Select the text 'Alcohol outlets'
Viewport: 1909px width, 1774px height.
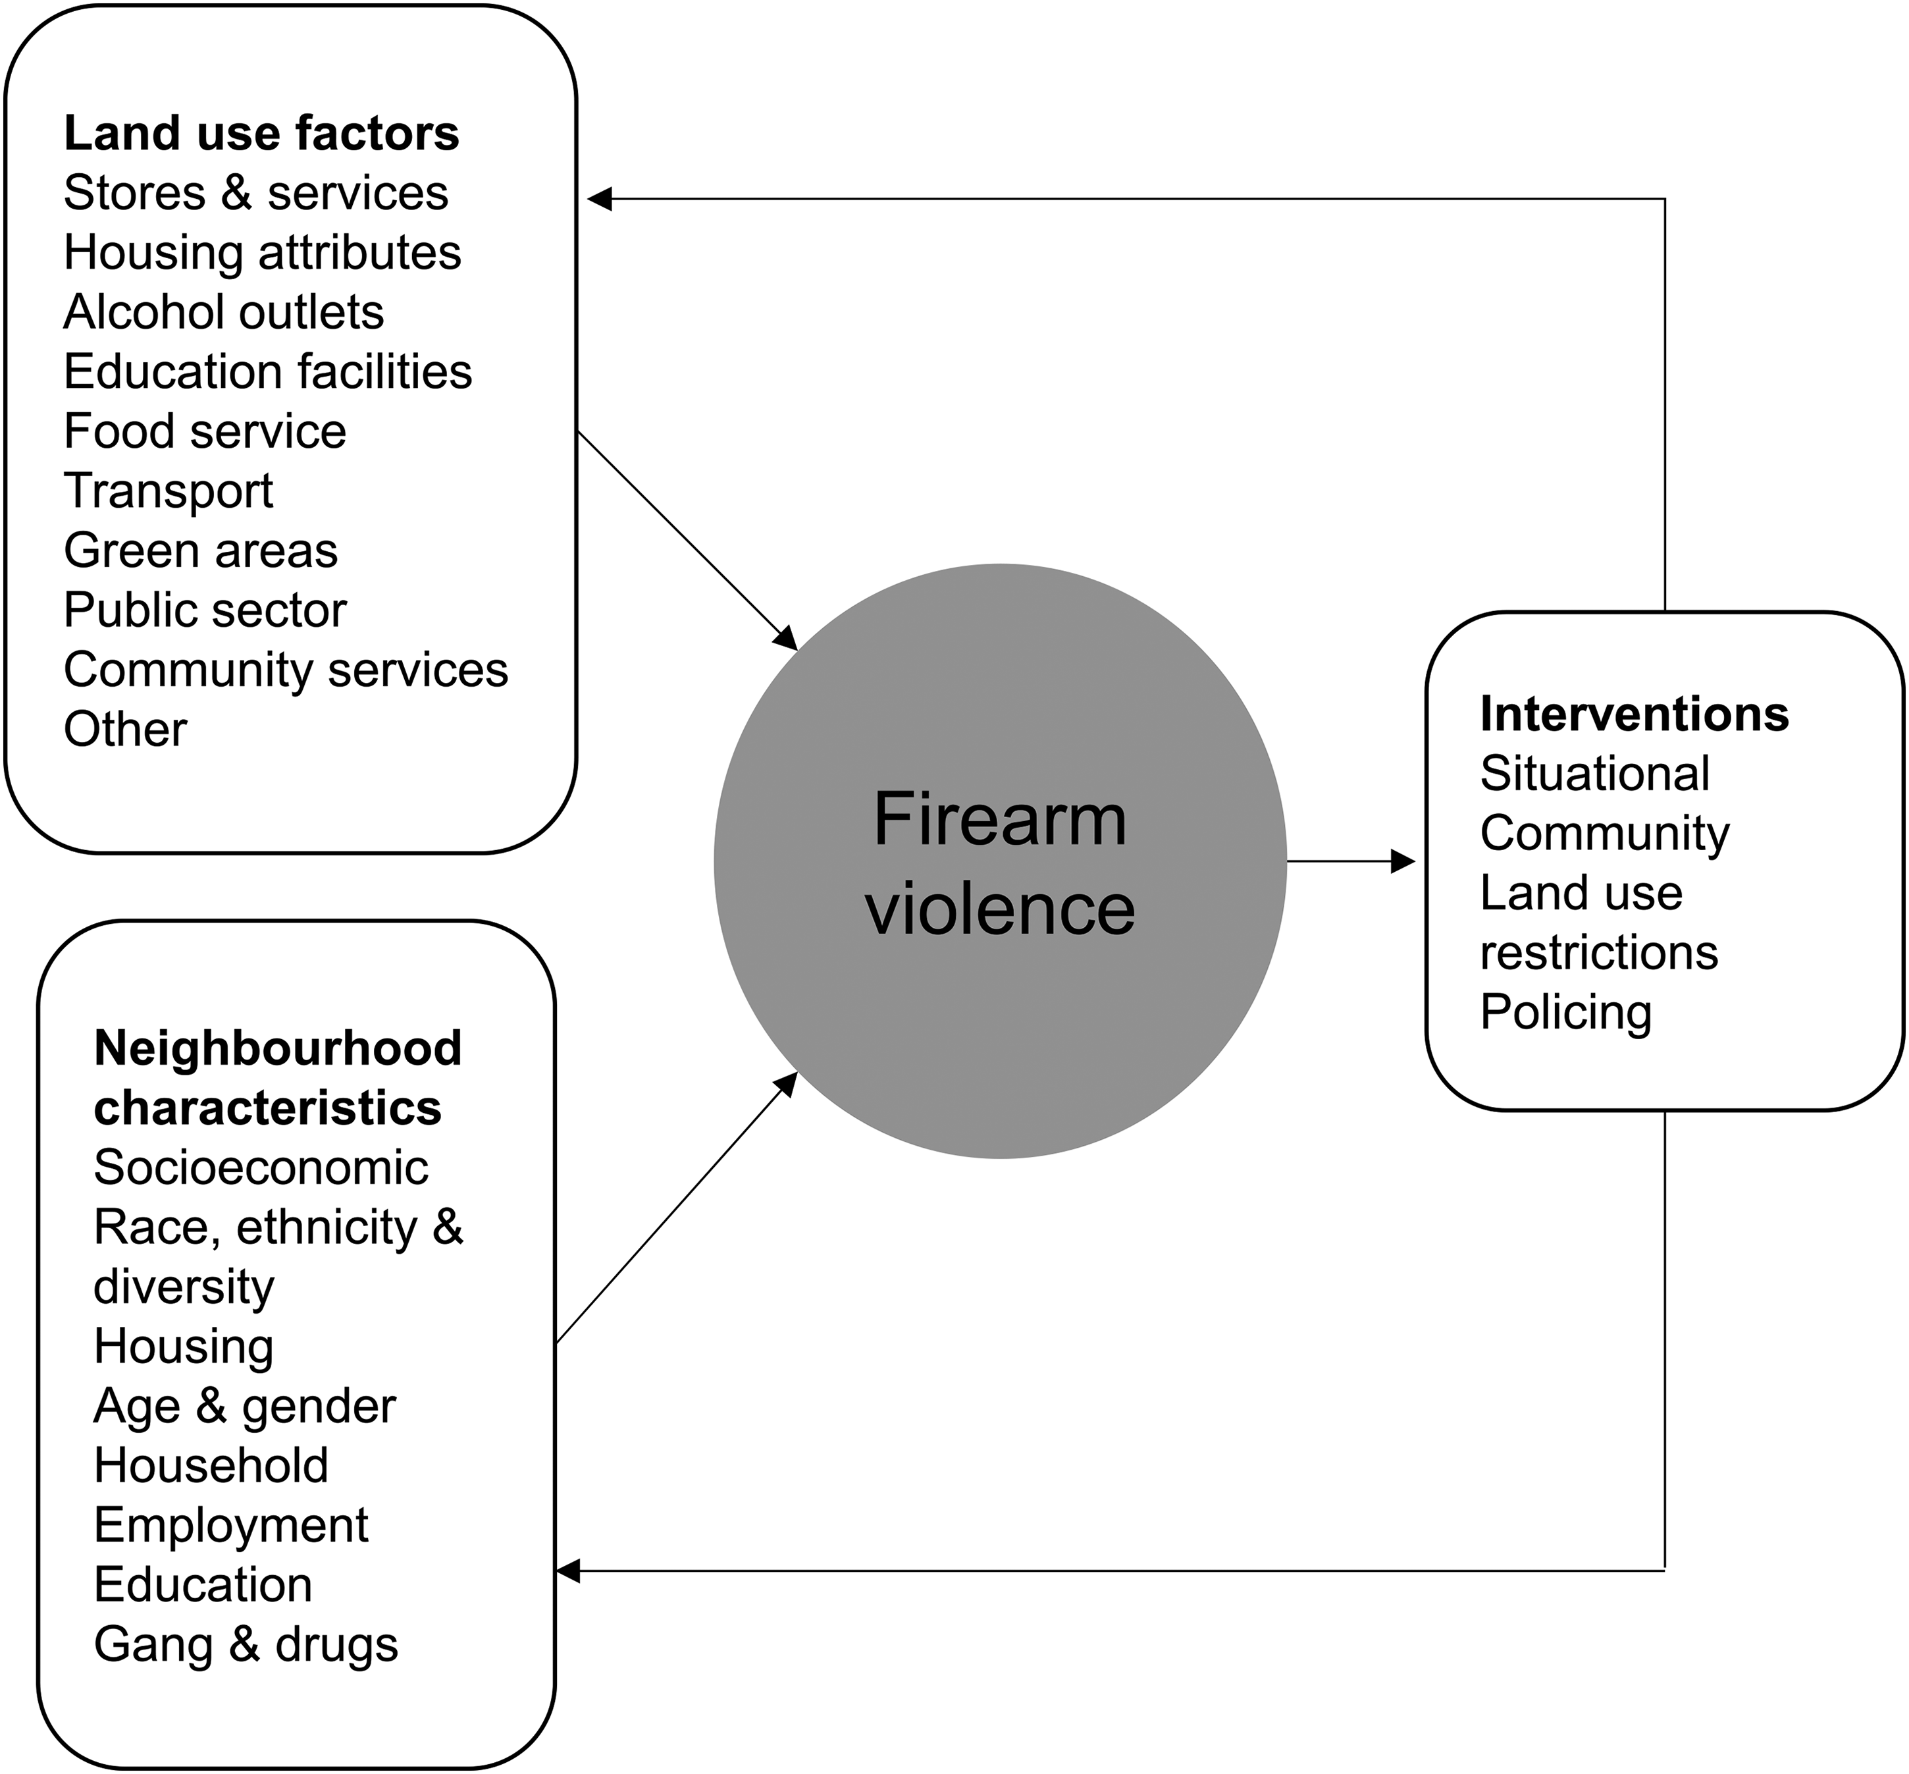224,312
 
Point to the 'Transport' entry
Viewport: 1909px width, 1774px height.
168,491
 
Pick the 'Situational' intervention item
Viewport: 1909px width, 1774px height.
1594,774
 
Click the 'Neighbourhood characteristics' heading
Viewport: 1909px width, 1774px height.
277,1078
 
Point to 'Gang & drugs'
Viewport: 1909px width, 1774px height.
246,1644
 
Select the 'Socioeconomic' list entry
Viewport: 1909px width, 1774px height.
261,1168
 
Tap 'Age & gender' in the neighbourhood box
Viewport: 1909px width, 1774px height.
245,1407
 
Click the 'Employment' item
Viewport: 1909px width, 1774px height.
230,1525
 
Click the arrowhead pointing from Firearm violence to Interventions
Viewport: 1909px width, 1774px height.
1403,861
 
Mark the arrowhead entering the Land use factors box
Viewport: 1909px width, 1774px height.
600,199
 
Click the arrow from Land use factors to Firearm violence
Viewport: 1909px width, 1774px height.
687,541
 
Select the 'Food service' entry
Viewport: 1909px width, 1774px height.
205,431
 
